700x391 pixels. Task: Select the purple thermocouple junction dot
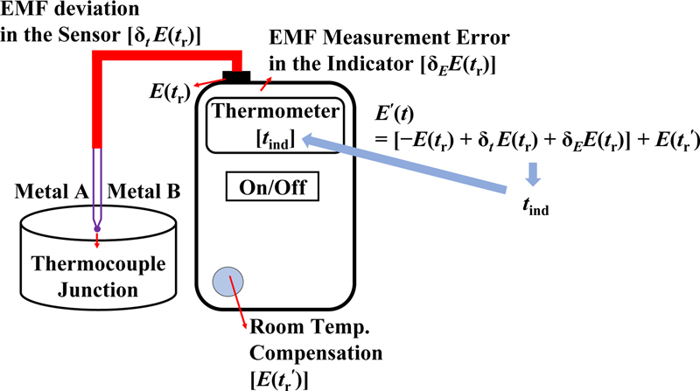[97, 229]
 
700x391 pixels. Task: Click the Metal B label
[143, 191]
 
